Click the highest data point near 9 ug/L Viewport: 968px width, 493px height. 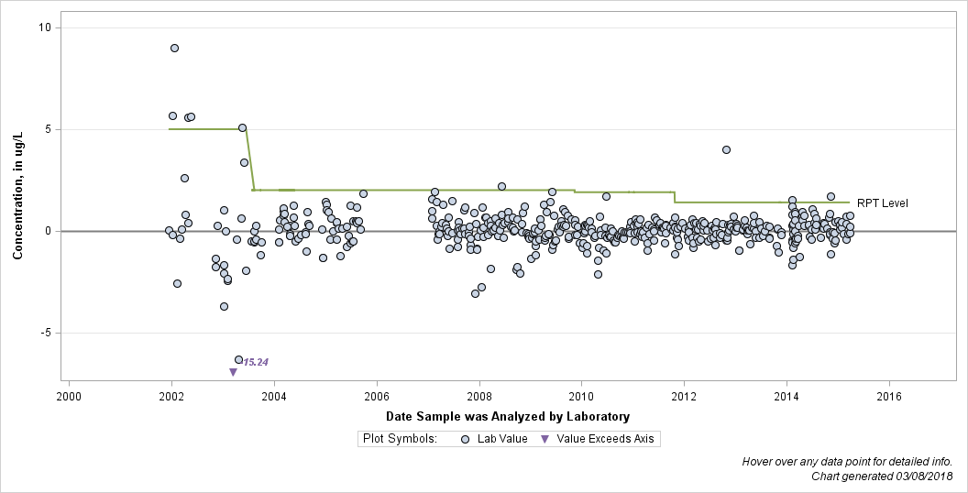click(175, 49)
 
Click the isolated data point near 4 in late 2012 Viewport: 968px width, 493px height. click(727, 150)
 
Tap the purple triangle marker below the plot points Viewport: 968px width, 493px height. click(234, 372)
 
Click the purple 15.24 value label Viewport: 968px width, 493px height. click(256, 362)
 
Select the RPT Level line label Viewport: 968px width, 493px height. click(882, 203)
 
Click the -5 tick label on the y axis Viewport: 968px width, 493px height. click(47, 334)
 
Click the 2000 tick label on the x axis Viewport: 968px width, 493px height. click(69, 396)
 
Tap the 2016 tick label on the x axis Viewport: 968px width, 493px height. click(889, 396)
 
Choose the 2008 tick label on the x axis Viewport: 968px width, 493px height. click(479, 396)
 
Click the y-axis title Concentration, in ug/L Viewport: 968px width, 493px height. click(18, 195)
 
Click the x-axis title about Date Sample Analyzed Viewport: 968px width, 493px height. click(508, 417)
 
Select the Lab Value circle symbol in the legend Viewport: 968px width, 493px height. click(466, 439)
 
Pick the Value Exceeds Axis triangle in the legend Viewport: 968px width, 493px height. click(545, 439)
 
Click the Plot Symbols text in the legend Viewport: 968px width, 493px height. click(400, 439)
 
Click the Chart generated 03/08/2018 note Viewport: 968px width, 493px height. click(882, 477)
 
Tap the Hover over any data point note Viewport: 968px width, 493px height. click(847, 462)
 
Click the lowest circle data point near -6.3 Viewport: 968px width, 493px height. click(239, 360)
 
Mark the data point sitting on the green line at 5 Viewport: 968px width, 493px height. click(243, 127)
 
